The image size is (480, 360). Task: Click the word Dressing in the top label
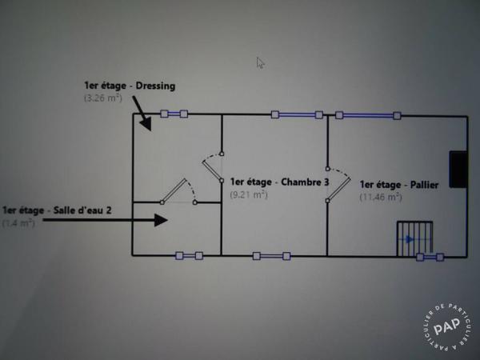[x=155, y=86]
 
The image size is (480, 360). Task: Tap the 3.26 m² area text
[x=103, y=98]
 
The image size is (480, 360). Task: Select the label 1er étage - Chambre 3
[x=279, y=182]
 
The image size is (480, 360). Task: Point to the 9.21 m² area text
[x=249, y=194]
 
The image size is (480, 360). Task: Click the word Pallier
[x=424, y=186]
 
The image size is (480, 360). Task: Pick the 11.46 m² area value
[x=381, y=197]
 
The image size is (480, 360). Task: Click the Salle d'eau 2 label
[x=82, y=210]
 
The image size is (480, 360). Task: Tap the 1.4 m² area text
[x=18, y=223]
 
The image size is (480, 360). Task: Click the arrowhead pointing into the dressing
[x=146, y=124]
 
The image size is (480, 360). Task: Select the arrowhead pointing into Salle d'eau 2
[x=161, y=220]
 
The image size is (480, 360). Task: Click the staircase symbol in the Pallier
[x=414, y=238]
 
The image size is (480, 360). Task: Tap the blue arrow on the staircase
[x=410, y=239]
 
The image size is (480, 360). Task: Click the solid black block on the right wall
[x=458, y=169]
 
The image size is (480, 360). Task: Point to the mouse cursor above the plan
[x=260, y=63]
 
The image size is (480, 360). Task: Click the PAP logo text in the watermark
[x=447, y=326]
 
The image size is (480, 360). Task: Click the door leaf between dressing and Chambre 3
[x=212, y=170]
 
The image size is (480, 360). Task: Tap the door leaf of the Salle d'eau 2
[x=174, y=191]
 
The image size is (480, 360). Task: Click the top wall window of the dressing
[x=174, y=114]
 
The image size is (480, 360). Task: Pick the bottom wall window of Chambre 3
[x=271, y=256]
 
